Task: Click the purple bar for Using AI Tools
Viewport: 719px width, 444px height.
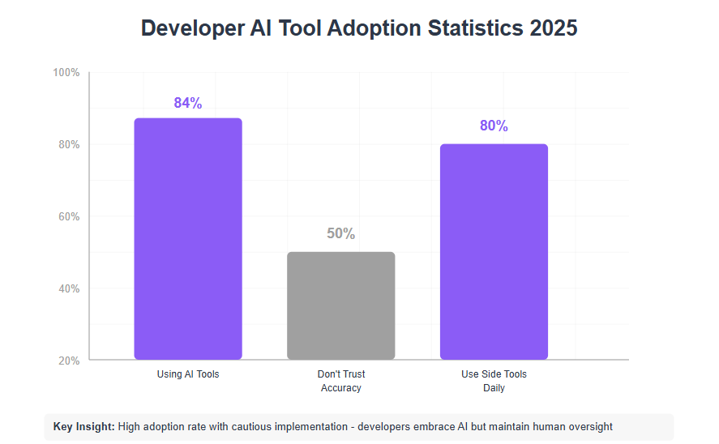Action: click(x=187, y=238)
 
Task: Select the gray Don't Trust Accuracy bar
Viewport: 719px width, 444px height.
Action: click(x=340, y=305)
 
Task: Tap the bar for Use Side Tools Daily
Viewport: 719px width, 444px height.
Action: click(x=494, y=251)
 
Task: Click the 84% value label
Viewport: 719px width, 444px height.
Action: click(x=187, y=103)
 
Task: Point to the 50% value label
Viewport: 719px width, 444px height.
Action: click(x=340, y=233)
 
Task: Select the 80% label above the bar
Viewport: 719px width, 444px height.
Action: click(x=494, y=126)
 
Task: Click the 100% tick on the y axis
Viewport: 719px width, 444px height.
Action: click(x=66, y=72)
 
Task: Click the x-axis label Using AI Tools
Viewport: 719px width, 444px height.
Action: click(x=188, y=374)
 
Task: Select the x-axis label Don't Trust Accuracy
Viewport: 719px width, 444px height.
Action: click(x=340, y=381)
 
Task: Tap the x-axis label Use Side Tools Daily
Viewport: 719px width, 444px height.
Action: click(x=494, y=381)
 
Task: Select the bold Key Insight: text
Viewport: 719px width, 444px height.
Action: click(x=84, y=426)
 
